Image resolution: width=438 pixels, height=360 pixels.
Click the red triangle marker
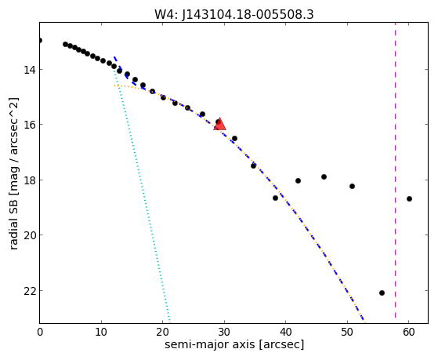(x=220, y=124)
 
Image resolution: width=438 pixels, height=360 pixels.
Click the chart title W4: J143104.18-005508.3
(x=234, y=14)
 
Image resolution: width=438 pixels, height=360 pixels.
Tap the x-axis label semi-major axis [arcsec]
(x=234, y=344)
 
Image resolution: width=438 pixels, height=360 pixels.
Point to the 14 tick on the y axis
(x=31, y=70)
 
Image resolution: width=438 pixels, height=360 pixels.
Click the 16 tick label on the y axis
(x=31, y=125)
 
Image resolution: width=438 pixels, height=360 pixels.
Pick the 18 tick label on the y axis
(x=31, y=180)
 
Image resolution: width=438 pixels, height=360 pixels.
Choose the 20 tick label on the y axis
(x=31, y=235)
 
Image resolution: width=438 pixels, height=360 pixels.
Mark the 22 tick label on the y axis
(x=31, y=291)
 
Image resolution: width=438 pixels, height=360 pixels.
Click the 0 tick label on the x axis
(x=40, y=333)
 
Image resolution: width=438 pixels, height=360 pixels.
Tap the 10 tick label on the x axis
(x=101, y=333)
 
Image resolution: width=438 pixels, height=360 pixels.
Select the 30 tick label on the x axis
(x=224, y=333)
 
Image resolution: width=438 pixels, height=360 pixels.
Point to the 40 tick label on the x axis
(x=285, y=333)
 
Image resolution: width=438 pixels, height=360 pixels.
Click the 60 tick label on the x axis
(x=408, y=333)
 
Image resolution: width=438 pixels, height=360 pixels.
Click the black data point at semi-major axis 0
(x=40, y=40)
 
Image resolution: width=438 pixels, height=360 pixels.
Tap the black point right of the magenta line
(x=409, y=199)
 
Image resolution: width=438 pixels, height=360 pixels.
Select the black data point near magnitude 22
(x=382, y=293)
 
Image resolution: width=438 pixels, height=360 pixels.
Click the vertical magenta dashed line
(x=395, y=170)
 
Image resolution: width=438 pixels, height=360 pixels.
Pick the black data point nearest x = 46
(x=324, y=176)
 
